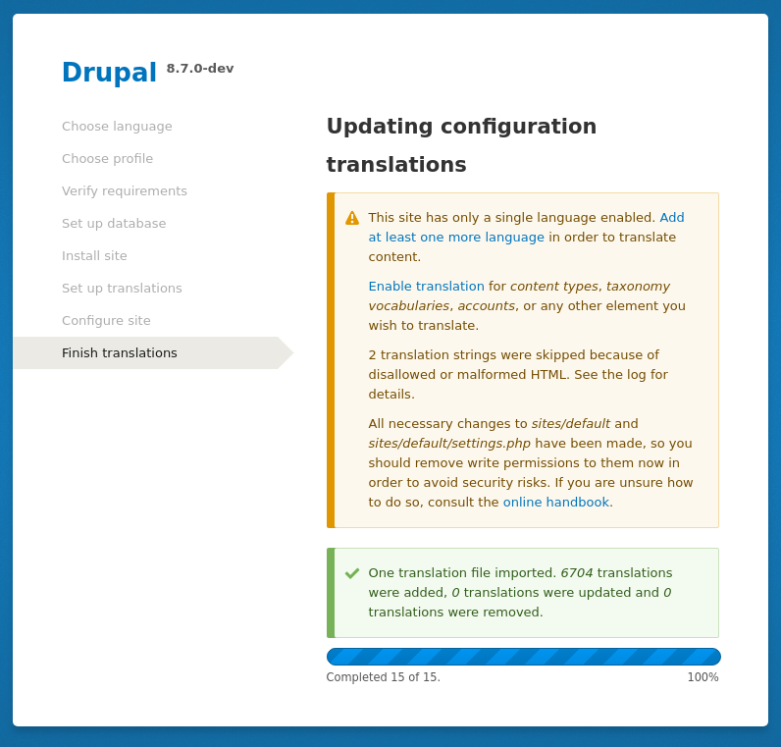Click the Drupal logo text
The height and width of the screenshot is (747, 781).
pyautogui.click(x=109, y=73)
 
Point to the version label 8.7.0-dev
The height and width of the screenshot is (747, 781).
pyautogui.click(x=200, y=69)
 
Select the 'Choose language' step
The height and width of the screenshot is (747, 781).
pyautogui.click(x=117, y=127)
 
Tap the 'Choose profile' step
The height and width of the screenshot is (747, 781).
pyautogui.click(x=108, y=158)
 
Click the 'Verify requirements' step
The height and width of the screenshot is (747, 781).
pyautogui.click(x=125, y=190)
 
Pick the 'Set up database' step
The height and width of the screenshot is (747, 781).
pyautogui.click(x=114, y=223)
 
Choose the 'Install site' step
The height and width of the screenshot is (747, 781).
pyautogui.click(x=94, y=255)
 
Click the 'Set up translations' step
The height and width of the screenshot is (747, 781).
pyautogui.click(x=122, y=288)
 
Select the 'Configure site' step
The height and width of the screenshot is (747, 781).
pyautogui.click(x=106, y=320)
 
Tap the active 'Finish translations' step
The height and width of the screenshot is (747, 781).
pyautogui.click(x=120, y=352)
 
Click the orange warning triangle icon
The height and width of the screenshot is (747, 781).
pyautogui.click(x=352, y=218)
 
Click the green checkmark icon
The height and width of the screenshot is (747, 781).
pyautogui.click(x=352, y=573)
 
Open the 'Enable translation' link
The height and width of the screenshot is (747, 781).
pyautogui.click(x=427, y=286)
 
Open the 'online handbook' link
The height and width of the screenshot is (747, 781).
pyautogui.click(x=556, y=502)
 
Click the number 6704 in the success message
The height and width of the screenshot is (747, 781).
pyautogui.click(x=577, y=573)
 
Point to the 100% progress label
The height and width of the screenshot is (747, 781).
pyautogui.click(x=703, y=677)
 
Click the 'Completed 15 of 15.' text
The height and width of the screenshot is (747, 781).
pyautogui.click(x=383, y=677)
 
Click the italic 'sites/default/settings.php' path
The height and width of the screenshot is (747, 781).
pyautogui.click(x=449, y=443)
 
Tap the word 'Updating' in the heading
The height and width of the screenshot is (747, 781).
pyautogui.click(x=380, y=127)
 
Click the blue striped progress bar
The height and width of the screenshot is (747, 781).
pyautogui.click(x=524, y=657)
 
